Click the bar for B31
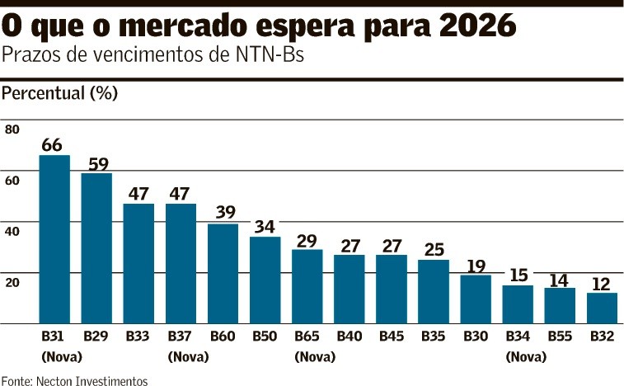click(x=54, y=239)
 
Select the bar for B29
click(x=96, y=248)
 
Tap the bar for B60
click(x=223, y=273)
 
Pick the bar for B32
click(x=602, y=308)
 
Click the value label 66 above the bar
click(x=52, y=145)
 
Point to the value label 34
click(x=265, y=227)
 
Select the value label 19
click(x=475, y=266)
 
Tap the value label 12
click(x=602, y=284)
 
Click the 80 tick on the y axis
click(x=12, y=129)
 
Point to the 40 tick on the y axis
click(x=12, y=232)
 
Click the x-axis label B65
click(x=307, y=337)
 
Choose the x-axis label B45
click(x=391, y=337)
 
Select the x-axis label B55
click(x=560, y=337)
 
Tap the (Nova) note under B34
click(x=518, y=357)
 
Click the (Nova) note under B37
click(x=181, y=357)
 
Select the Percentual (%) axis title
click(x=59, y=93)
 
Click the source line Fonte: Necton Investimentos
click(x=74, y=380)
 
